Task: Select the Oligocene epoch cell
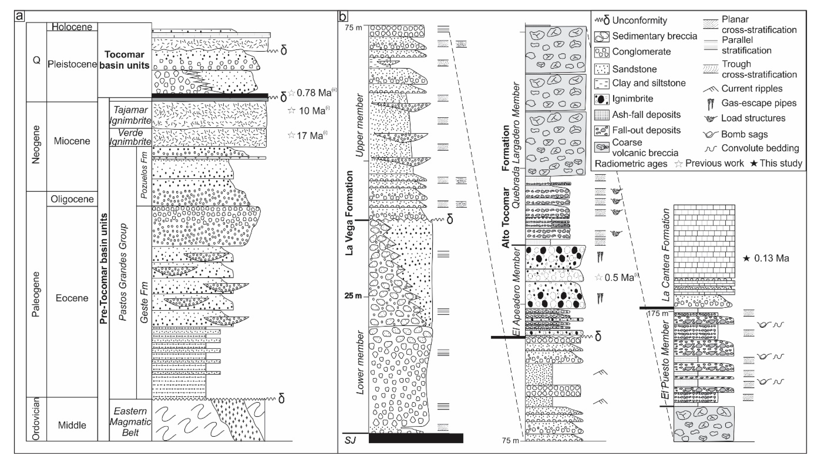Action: click(x=72, y=199)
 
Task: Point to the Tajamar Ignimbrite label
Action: click(x=130, y=115)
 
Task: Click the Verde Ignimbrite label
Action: click(x=130, y=137)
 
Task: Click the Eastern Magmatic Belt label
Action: click(x=130, y=421)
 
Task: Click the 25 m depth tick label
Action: click(x=353, y=296)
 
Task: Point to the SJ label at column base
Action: click(x=350, y=440)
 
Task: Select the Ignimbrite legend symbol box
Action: click(x=602, y=99)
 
